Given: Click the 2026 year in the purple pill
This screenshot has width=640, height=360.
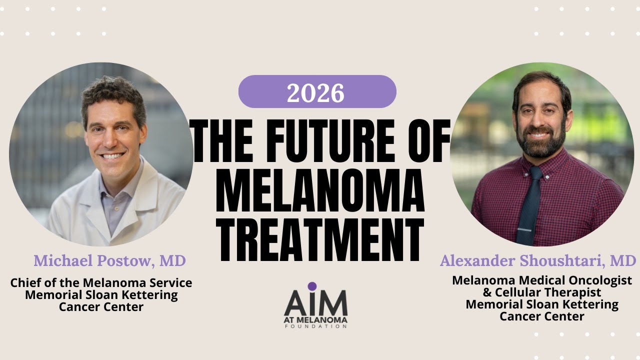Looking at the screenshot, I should coord(316,92).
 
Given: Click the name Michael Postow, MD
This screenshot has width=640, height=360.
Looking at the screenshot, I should coord(109,260).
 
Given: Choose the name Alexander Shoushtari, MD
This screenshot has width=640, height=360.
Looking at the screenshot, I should coord(538,260).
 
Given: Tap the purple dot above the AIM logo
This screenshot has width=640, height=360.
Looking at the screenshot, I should coord(312,286).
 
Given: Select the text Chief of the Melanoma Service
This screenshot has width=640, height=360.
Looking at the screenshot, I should coord(101,283).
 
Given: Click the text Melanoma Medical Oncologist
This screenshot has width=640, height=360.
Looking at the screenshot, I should coord(542,280).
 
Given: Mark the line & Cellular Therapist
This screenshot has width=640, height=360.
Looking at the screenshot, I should coord(542,292).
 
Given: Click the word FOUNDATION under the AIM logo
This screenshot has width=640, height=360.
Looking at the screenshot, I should coord(315,326).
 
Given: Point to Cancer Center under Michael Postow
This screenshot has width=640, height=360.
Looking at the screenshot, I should coord(101,307).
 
